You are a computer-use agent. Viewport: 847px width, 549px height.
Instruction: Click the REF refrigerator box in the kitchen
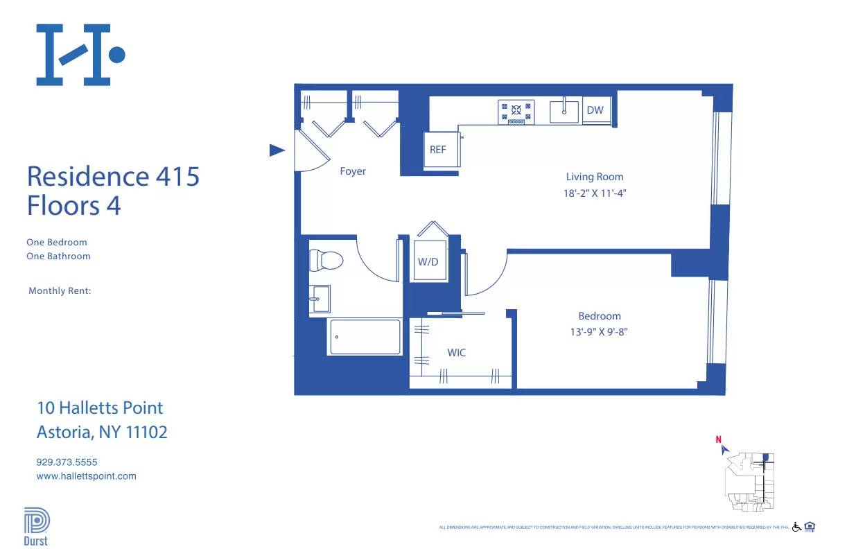(x=438, y=150)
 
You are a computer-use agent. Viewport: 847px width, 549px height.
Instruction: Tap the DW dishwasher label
(x=595, y=110)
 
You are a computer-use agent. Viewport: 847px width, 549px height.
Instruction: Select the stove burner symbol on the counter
(x=516, y=110)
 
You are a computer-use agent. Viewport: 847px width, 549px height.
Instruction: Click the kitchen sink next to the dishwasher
(x=564, y=111)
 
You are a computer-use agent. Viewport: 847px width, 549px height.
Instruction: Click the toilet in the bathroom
(x=326, y=260)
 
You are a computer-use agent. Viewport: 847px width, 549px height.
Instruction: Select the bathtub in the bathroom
(x=365, y=337)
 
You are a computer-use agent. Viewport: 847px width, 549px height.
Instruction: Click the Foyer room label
(x=352, y=171)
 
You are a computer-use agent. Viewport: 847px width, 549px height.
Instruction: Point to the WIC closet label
(x=456, y=353)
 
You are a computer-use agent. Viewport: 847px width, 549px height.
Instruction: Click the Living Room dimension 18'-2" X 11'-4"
(x=595, y=193)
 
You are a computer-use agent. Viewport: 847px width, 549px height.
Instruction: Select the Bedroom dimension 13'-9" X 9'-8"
(x=599, y=332)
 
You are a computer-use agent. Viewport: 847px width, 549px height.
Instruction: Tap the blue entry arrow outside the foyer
(x=277, y=150)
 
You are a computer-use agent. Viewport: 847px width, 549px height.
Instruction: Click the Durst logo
(x=36, y=526)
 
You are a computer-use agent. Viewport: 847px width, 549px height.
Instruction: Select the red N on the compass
(x=719, y=439)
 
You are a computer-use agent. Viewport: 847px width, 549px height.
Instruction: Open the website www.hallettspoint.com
(x=86, y=476)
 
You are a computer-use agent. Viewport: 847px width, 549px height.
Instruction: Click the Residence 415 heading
(x=113, y=176)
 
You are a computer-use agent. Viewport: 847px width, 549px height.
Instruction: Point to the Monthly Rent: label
(x=60, y=291)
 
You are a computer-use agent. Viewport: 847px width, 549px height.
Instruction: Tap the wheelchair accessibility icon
(x=796, y=527)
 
